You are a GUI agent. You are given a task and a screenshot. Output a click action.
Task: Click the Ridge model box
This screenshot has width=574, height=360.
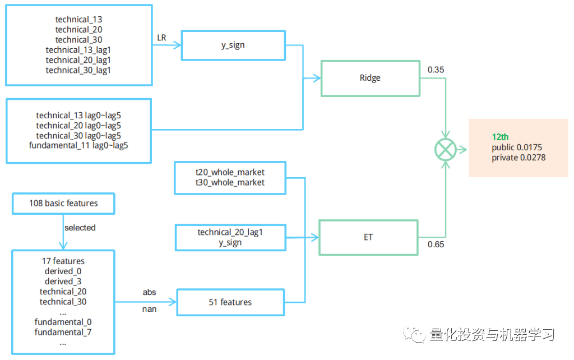point(370,78)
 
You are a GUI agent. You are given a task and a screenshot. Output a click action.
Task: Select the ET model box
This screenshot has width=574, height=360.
point(368,237)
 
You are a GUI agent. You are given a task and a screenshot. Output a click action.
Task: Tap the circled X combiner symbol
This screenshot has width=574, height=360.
point(446,150)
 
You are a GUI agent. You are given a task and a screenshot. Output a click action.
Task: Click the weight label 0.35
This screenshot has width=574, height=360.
point(436,70)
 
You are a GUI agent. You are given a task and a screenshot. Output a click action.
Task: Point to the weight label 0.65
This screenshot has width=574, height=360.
point(436,244)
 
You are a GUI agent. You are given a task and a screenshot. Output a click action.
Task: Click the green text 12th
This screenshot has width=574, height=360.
point(500,137)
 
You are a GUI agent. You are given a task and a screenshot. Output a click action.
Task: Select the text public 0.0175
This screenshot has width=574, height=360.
point(517,147)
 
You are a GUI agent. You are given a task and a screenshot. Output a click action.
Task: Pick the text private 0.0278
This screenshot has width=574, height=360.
point(519,158)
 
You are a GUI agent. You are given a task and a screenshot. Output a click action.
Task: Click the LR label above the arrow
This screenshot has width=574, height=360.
point(161,38)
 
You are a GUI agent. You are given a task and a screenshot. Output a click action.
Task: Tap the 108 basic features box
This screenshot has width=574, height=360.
point(63,204)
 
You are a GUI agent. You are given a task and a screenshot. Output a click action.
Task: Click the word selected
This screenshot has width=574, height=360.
point(80,228)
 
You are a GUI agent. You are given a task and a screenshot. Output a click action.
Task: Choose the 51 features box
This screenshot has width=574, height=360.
point(230,302)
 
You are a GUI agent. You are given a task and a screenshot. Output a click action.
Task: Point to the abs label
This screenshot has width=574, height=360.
point(149,292)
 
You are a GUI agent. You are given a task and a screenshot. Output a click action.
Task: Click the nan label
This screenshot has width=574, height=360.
point(149,308)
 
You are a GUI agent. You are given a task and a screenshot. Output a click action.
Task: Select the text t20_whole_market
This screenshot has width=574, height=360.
point(230,172)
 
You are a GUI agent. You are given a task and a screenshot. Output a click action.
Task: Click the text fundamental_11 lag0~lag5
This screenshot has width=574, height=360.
point(78,146)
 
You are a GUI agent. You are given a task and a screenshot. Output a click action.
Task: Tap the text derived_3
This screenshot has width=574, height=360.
point(63,281)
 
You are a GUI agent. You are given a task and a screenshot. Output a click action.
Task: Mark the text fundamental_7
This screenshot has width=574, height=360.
point(63,332)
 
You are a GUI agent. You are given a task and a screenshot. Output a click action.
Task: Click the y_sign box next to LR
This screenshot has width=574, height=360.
point(233,45)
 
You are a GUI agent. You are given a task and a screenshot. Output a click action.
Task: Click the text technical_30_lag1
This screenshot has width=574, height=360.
point(78,70)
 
